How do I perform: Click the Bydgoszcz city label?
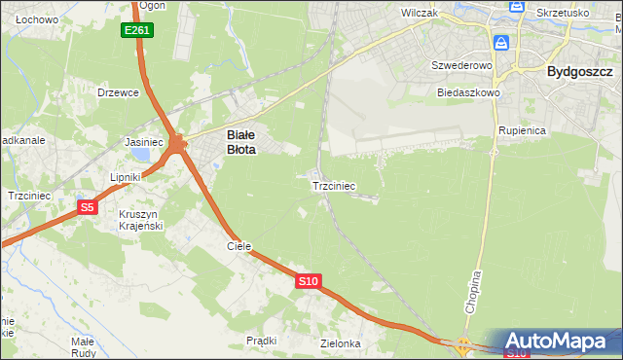tap(580, 71)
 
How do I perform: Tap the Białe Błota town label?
tap(241, 143)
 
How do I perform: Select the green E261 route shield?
tap(137, 31)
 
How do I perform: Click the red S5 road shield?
tap(88, 206)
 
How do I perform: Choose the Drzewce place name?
tap(118, 92)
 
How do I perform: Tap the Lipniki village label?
tap(126, 177)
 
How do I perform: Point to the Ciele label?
tap(239, 247)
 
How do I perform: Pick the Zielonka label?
tap(341, 343)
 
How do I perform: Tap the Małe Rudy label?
tap(83, 346)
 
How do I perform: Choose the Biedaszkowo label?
tap(468, 92)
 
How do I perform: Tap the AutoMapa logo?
tap(560, 342)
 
